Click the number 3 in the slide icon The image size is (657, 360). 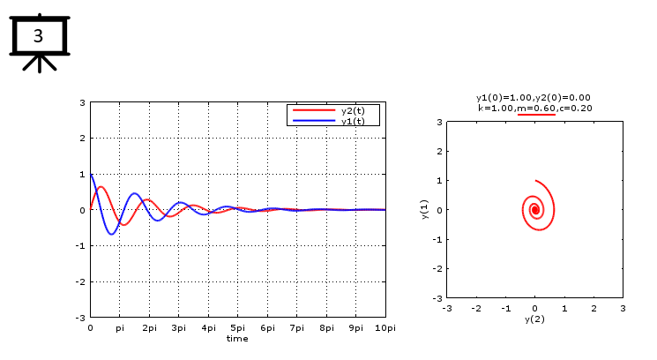click(38, 36)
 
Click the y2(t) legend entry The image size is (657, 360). click(353, 111)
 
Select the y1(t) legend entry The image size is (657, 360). click(353, 121)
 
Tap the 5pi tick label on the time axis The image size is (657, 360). click(238, 327)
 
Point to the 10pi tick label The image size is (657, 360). click(384, 327)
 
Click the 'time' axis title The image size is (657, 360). click(237, 338)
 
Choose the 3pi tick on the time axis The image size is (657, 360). click(179, 327)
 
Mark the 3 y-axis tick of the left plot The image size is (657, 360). click(82, 102)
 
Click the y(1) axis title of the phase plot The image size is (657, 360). click(425, 210)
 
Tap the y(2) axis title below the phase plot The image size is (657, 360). click(534, 319)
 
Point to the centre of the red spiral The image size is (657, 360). click(534, 209)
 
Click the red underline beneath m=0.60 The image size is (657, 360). click(536, 115)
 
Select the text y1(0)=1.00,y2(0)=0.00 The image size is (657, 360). click(534, 97)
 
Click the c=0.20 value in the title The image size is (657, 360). click(574, 108)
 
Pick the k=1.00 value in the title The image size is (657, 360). click(495, 108)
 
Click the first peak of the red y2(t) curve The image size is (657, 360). click(101, 187)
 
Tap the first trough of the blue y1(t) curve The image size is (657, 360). click(112, 234)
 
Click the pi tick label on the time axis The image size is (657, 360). click(120, 327)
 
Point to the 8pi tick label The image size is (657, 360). click(326, 327)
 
